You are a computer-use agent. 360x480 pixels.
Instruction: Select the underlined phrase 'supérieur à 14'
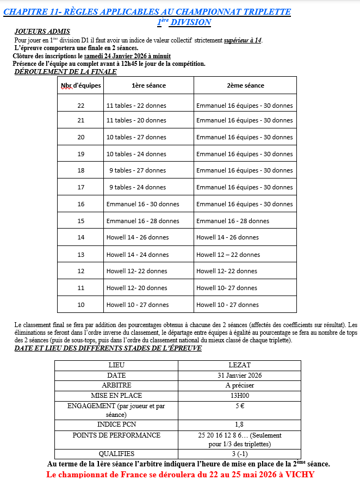[x=243, y=40]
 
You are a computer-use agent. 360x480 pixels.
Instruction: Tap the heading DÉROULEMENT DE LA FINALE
[x=65, y=71]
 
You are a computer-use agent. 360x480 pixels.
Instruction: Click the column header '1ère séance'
[x=148, y=85]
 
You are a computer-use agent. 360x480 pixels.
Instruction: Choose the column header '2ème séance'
[x=245, y=85]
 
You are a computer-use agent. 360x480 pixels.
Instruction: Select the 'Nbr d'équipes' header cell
[x=80, y=85]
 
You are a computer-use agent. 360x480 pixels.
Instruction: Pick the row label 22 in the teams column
[x=80, y=106]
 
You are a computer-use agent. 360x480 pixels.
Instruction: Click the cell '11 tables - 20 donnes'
[x=136, y=120]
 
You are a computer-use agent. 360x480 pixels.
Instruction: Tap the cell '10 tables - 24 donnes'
[x=136, y=154]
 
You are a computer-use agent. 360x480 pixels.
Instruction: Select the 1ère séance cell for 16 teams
[x=142, y=204]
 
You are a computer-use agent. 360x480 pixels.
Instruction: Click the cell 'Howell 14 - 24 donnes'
[x=138, y=255]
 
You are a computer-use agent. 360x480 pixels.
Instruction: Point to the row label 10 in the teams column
[x=80, y=305]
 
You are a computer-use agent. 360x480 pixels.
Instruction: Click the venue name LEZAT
[x=240, y=365]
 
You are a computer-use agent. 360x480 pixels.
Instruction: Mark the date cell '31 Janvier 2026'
[x=240, y=376]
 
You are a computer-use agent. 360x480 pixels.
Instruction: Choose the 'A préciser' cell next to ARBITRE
[x=240, y=385]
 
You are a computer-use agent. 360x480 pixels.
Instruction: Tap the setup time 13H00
[x=240, y=396]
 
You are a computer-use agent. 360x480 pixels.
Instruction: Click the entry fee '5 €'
[x=240, y=405]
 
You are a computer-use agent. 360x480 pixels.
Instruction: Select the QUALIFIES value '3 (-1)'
[x=240, y=453]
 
